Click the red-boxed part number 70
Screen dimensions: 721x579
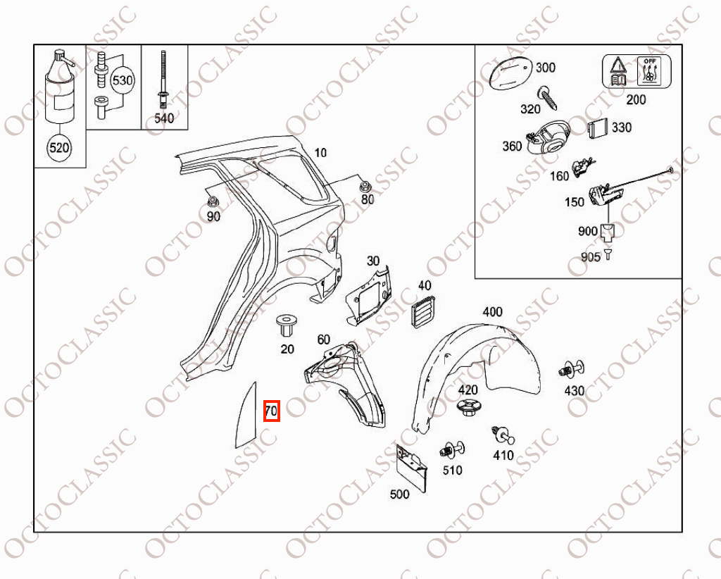271,410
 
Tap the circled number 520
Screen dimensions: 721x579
59,147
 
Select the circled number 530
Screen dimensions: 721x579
123,80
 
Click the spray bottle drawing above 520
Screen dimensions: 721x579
58,87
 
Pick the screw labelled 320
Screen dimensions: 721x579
549,98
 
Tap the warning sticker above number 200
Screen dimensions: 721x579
637,71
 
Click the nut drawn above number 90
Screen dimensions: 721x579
213,201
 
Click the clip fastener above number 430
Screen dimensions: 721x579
572,369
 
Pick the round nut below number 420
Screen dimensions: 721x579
468,407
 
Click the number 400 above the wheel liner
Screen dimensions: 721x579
492,312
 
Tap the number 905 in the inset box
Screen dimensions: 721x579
591,256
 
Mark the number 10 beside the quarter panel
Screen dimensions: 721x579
320,153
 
